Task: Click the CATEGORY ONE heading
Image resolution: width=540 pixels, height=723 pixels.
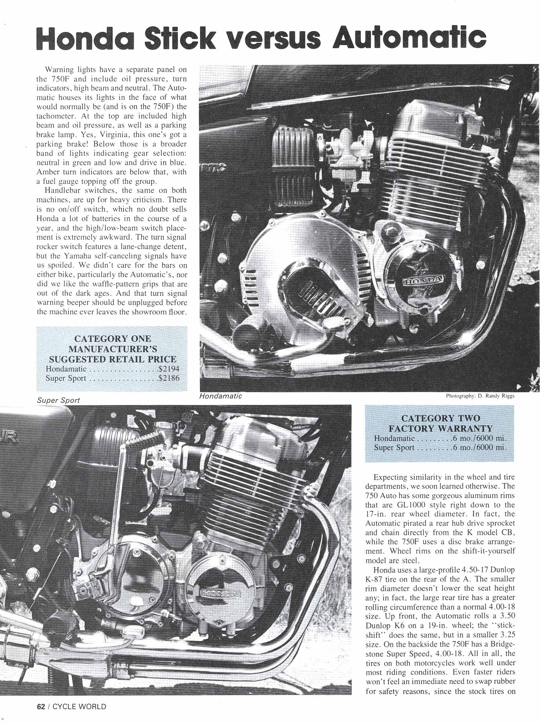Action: (x=112, y=339)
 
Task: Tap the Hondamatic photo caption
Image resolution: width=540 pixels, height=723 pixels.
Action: (x=221, y=396)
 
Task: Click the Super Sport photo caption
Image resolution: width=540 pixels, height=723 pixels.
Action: (x=59, y=400)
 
